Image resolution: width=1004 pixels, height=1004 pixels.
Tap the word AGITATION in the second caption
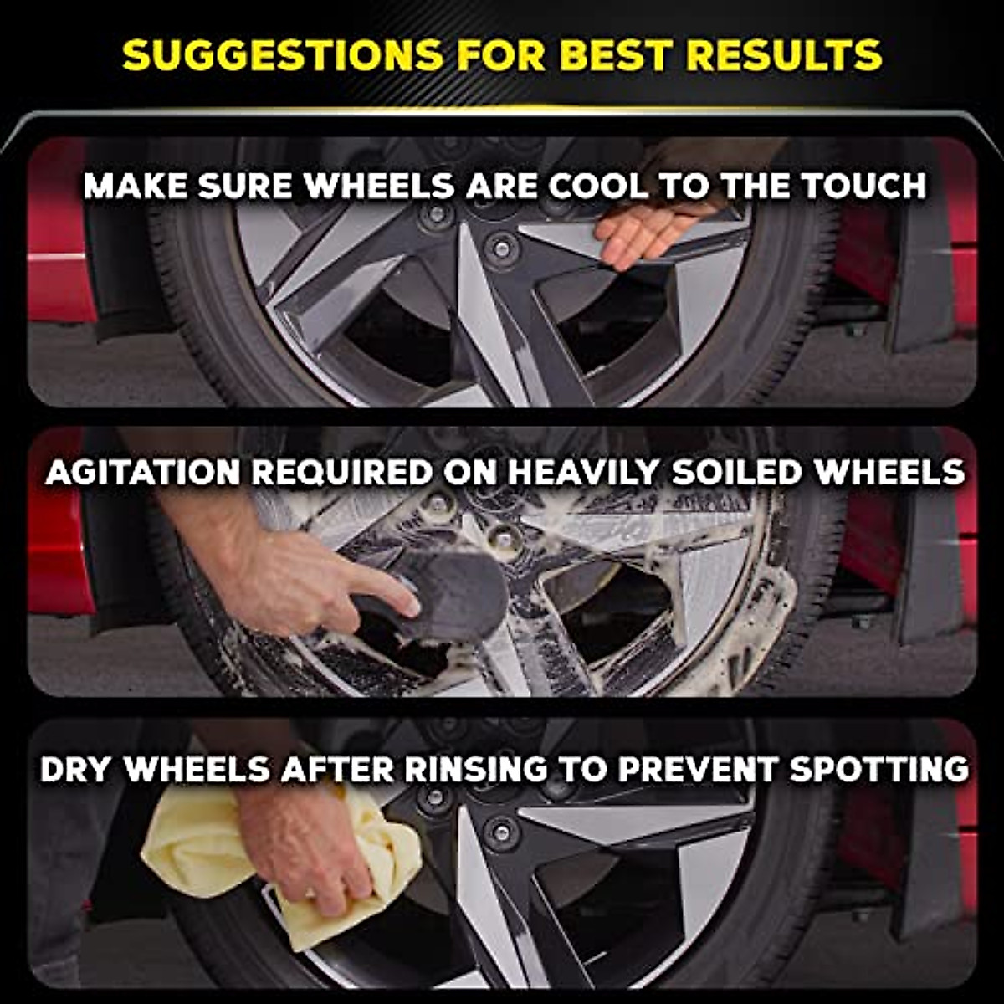[x=144, y=473]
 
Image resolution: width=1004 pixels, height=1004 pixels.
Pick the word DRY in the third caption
[x=77, y=769]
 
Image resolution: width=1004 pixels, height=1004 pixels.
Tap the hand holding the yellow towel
[x=310, y=845]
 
